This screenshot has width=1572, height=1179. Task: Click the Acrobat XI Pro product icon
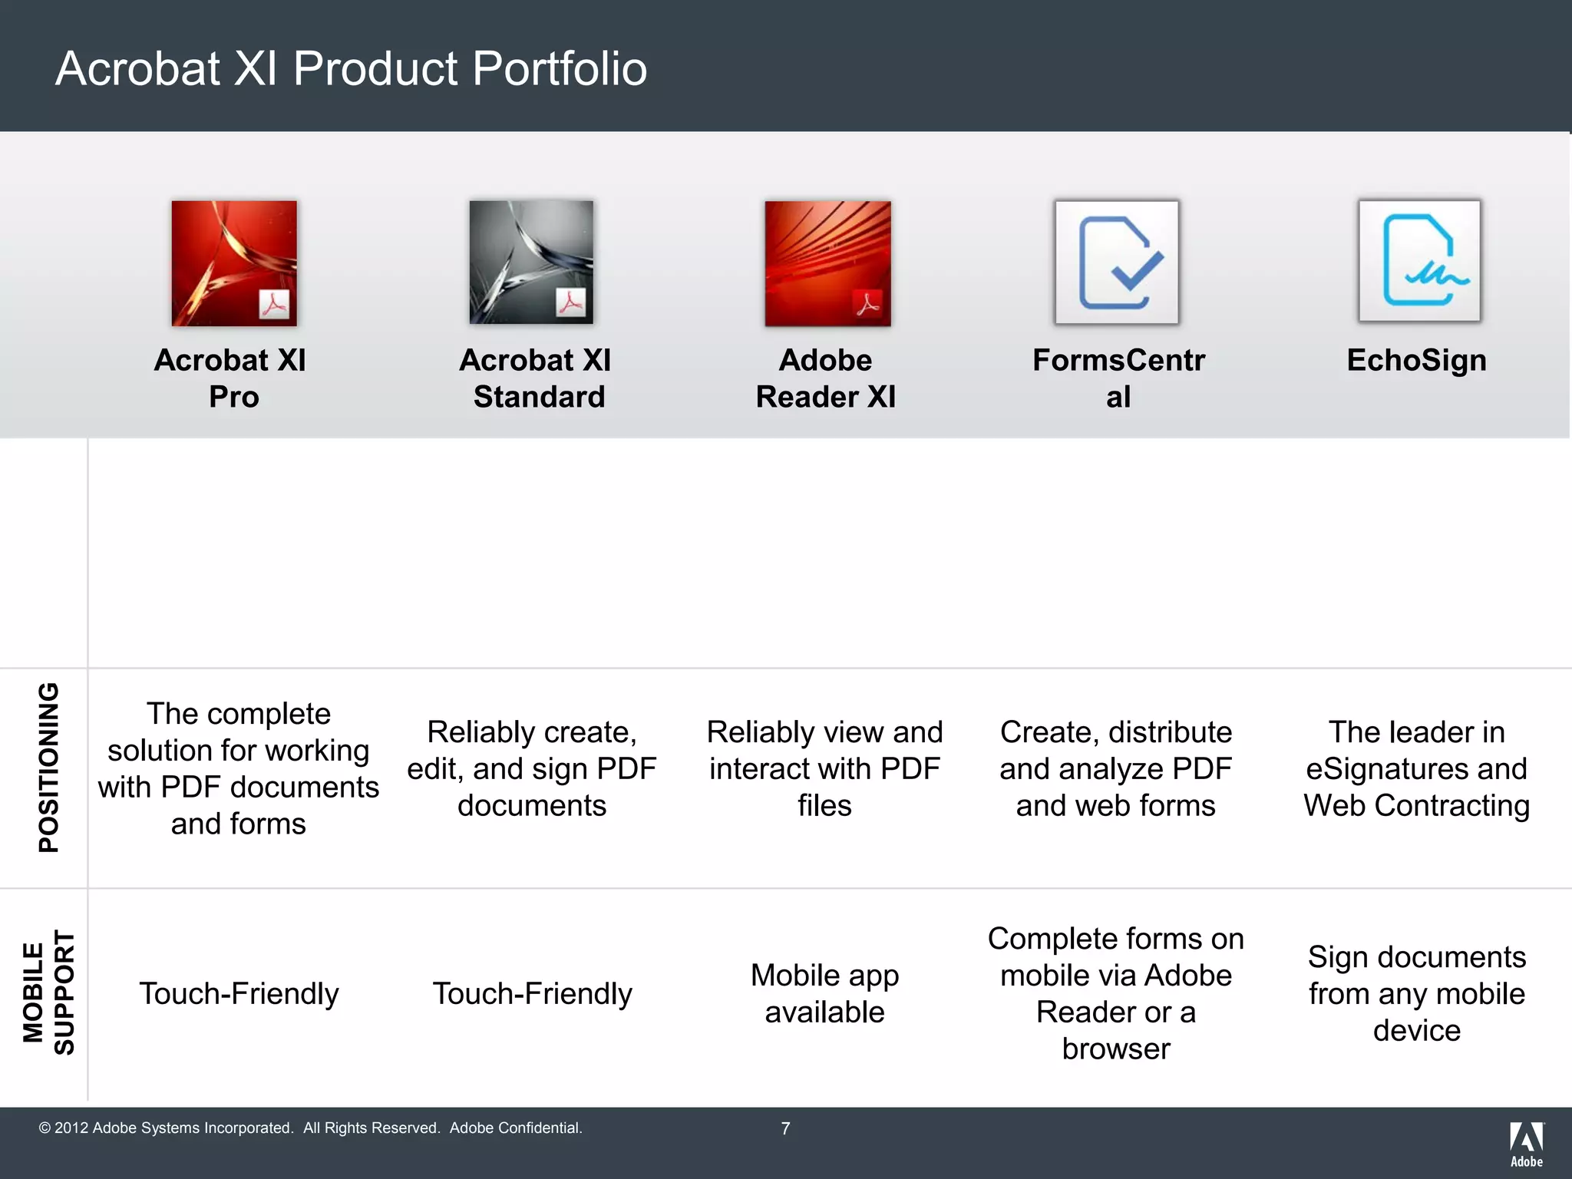pos(233,263)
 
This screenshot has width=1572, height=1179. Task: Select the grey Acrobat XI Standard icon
pos(531,263)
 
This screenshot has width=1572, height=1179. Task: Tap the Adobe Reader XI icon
pos(827,263)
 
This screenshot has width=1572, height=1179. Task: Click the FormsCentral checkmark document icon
pos(1117,263)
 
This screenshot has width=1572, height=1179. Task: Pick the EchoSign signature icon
pos(1419,261)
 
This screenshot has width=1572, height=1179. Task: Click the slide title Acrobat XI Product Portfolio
pos(351,68)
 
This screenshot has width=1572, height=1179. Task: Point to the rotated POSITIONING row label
pos(48,767)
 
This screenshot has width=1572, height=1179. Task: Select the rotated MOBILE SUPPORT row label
pos(48,992)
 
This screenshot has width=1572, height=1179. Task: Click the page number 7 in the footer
pos(785,1128)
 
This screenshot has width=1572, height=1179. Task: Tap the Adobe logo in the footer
pos(1526,1143)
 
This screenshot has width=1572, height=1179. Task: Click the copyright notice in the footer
pos(310,1128)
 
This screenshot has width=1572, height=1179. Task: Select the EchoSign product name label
pos(1416,360)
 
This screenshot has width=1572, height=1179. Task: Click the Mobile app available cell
pos(824,993)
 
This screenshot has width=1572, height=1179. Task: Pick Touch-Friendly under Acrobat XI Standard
pos(532,993)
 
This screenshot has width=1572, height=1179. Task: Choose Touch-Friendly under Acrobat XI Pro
pos(239,993)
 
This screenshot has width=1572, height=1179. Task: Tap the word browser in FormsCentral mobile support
pos(1116,1049)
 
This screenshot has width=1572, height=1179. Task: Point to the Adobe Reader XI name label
pos(825,378)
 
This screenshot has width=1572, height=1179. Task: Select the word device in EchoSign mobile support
pos(1416,1030)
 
